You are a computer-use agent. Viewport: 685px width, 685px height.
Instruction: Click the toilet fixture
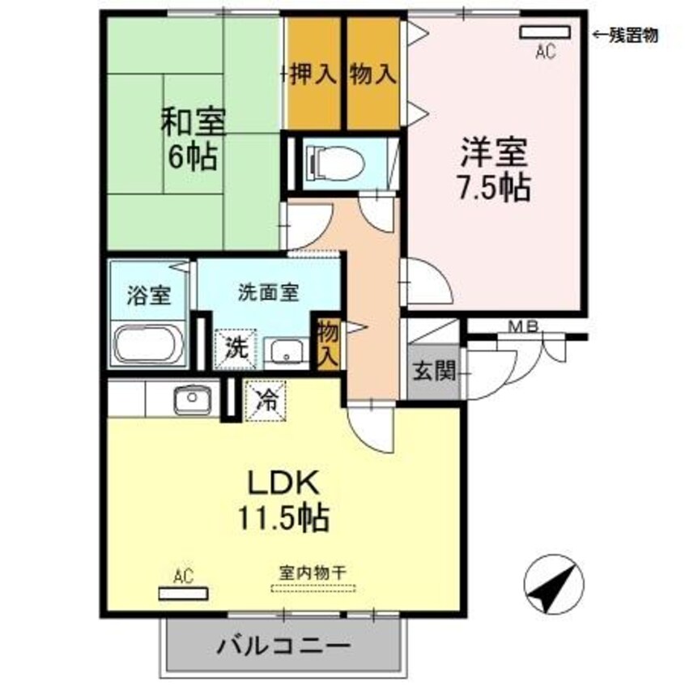click(335, 162)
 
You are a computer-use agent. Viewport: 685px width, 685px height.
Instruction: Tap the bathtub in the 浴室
click(148, 343)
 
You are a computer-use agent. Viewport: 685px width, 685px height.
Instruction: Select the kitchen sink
click(193, 399)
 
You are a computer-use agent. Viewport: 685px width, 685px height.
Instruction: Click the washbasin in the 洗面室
click(286, 351)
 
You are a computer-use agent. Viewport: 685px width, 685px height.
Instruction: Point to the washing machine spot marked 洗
click(236, 349)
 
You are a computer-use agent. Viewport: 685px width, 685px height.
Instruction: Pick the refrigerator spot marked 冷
click(266, 401)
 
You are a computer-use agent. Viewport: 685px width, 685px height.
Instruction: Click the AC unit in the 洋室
click(545, 32)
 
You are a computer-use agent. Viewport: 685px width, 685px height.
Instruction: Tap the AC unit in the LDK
click(184, 594)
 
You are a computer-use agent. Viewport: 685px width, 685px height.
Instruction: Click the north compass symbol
click(554, 584)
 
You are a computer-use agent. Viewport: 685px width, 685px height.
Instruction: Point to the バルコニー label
click(284, 645)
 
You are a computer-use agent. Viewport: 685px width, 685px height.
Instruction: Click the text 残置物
click(633, 35)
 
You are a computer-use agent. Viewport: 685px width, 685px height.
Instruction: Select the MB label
click(525, 325)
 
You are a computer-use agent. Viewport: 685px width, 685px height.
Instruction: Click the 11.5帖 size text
click(283, 517)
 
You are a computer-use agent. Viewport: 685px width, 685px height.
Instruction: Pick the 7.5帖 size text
click(494, 187)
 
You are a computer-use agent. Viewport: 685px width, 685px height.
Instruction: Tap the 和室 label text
click(193, 121)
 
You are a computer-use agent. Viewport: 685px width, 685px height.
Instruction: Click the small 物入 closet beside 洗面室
click(328, 344)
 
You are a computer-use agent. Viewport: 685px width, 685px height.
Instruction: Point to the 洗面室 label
click(268, 292)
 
